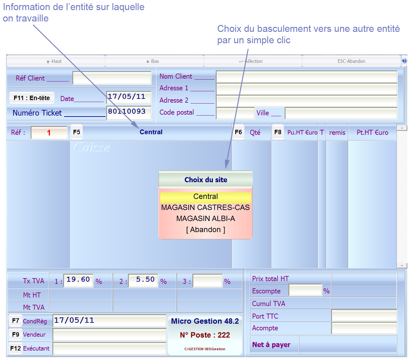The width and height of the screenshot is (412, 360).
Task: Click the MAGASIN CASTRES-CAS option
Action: point(205,207)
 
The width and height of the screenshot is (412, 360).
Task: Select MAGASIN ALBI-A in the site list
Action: point(205,219)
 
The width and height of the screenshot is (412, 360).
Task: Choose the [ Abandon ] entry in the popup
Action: point(205,230)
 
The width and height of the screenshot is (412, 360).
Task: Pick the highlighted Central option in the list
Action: point(205,197)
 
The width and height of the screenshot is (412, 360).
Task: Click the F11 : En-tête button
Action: point(32,98)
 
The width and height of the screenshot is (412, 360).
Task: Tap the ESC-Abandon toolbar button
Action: point(351,61)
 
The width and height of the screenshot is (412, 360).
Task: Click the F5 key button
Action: point(77,132)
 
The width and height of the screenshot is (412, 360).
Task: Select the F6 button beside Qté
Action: point(238,132)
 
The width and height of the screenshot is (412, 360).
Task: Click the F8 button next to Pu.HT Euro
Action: point(278,132)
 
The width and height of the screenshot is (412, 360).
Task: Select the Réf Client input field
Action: point(112,78)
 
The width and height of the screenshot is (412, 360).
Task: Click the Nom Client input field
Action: point(306,77)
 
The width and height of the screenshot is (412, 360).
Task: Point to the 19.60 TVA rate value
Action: point(78,280)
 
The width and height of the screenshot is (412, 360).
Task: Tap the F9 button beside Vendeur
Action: point(15,334)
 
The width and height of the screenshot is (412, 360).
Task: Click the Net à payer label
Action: point(271,345)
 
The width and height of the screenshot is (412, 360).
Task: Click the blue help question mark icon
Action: point(404,61)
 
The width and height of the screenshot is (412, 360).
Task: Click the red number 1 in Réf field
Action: point(49,133)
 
